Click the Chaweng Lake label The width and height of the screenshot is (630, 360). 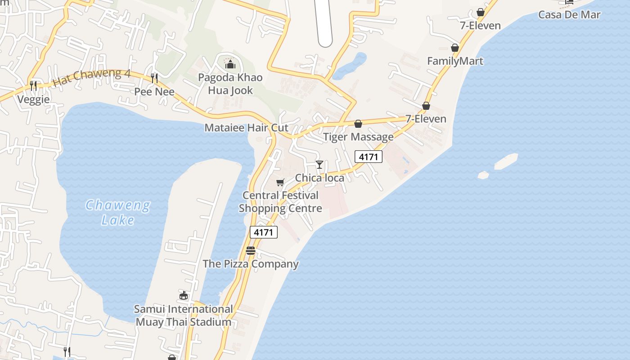click(118, 212)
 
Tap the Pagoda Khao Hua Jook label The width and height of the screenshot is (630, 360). click(230, 84)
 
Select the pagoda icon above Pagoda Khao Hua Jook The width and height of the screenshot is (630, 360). click(230, 64)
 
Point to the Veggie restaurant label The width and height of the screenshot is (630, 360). click(33, 99)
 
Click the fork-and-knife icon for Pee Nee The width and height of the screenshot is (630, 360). click(154, 78)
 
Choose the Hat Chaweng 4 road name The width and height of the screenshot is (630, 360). click(91, 77)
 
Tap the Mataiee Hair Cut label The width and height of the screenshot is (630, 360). click(246, 127)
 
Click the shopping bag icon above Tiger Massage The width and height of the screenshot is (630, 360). click(358, 124)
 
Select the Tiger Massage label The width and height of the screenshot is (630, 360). click(358, 137)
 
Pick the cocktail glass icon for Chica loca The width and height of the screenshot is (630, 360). click(319, 165)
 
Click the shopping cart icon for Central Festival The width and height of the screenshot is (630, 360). click(280, 182)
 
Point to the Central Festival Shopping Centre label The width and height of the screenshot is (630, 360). click(280, 202)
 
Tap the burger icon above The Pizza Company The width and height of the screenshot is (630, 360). click(251, 251)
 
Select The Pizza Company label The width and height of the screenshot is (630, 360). click(251, 264)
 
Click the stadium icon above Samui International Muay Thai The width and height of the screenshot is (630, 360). click(184, 296)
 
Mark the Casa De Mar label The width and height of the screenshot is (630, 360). click(569, 14)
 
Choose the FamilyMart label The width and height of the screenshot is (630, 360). click(455, 61)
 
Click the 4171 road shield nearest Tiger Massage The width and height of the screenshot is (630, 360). click(369, 157)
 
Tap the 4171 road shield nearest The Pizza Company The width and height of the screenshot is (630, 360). click(264, 232)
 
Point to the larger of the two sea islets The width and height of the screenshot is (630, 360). click(506, 161)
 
